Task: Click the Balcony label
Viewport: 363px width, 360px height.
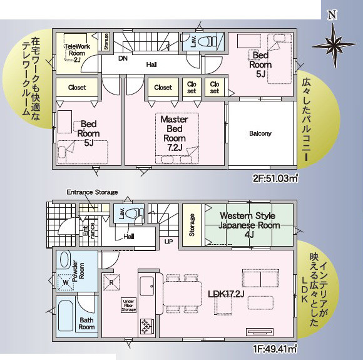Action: pyautogui.click(x=260, y=133)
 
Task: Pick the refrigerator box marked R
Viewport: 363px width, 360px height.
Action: pyautogui.click(x=111, y=281)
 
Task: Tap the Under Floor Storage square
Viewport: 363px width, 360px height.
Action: pyautogui.click(x=128, y=305)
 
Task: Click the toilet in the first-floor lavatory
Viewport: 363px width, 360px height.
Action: pyautogui.click(x=133, y=213)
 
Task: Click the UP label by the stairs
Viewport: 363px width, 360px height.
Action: pyautogui.click(x=169, y=241)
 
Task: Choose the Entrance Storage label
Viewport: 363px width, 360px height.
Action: pyautogui.click(x=92, y=192)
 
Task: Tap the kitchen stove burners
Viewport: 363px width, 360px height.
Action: pyautogui.click(x=146, y=324)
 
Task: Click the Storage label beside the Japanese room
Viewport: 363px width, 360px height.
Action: pyautogui.click(x=192, y=222)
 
